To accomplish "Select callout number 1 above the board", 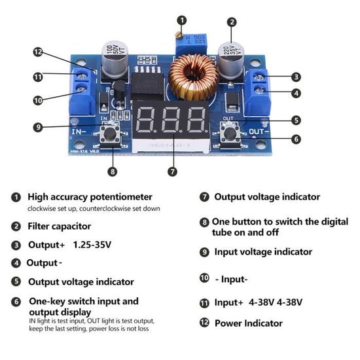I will click(x=181, y=21).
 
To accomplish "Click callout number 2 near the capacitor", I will click(x=232, y=21).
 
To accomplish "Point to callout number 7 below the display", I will click(x=172, y=171).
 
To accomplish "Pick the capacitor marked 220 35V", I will click(x=231, y=59).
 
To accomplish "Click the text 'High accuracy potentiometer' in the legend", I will click(x=90, y=196).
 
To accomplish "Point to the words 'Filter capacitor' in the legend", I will click(x=59, y=226).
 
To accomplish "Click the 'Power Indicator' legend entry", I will click(x=248, y=323).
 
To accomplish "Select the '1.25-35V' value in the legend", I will click(x=92, y=245).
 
